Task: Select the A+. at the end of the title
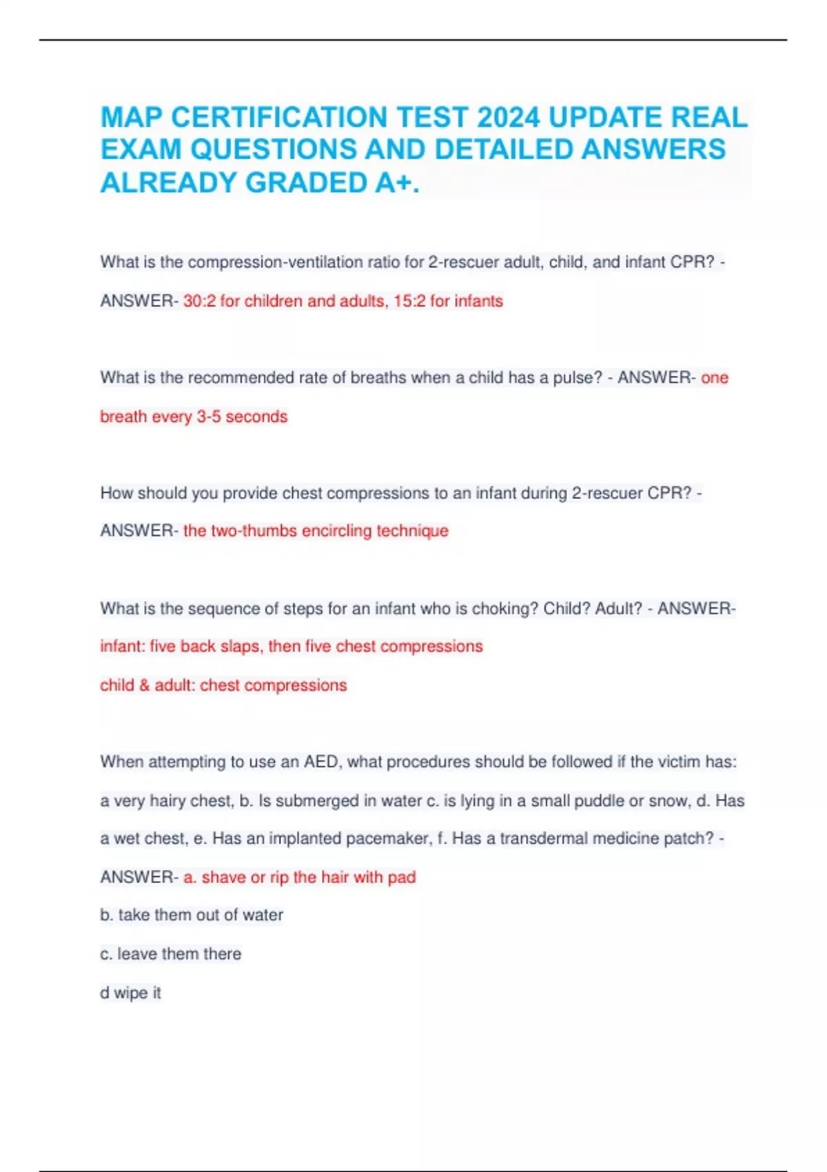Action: click(398, 183)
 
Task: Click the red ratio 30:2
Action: click(199, 301)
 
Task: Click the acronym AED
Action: click(321, 762)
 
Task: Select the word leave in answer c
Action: click(137, 953)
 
